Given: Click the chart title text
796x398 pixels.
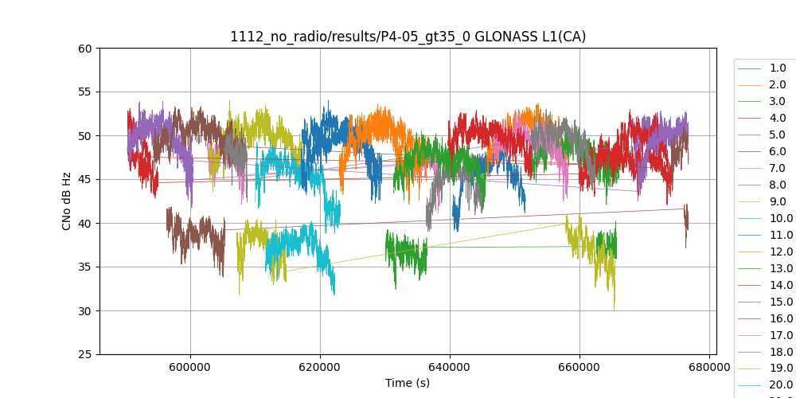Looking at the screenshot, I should click(408, 37).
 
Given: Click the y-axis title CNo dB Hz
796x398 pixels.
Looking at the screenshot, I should click(67, 201).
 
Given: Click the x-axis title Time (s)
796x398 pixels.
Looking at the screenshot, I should click(408, 383).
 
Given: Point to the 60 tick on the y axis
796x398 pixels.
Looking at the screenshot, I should click(85, 48).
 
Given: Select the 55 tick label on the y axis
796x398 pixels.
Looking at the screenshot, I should click(85, 92).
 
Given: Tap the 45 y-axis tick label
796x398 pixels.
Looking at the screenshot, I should click(85, 179).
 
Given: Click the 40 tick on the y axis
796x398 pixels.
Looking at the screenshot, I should click(85, 223).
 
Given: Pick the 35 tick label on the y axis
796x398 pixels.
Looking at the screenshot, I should click(85, 267).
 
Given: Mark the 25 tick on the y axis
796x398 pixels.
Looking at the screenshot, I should click(85, 354).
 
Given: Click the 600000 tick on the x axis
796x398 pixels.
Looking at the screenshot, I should click(190, 368).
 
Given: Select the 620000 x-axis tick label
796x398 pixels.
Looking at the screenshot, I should click(320, 368).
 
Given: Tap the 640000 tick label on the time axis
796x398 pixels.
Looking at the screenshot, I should click(450, 368).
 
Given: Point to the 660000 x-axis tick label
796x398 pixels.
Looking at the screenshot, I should click(579, 368).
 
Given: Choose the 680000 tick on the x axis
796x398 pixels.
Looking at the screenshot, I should click(709, 368).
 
